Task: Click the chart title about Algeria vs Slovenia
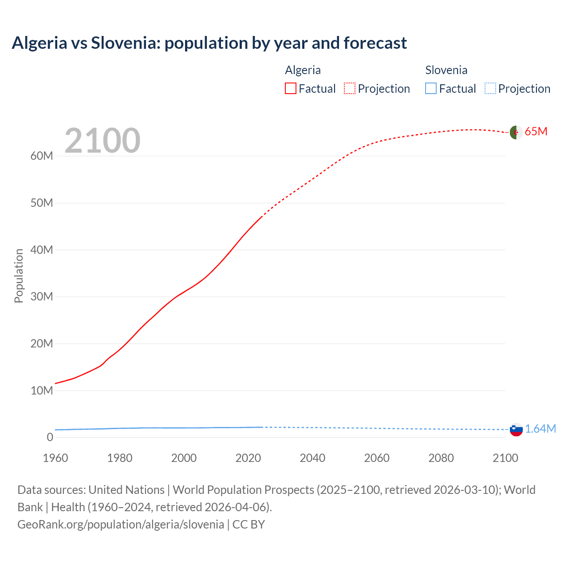coord(209,43)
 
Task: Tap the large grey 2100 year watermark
coord(103,141)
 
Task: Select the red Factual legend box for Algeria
coord(290,88)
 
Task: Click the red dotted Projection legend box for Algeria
coord(350,88)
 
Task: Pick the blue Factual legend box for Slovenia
coord(430,88)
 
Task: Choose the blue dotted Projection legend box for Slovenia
coord(490,88)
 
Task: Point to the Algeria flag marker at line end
coord(516,132)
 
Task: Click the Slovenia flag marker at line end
coord(516,430)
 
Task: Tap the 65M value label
coord(536,132)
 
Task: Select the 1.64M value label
coord(540,429)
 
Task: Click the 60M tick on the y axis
coord(42,156)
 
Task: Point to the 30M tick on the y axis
coord(42,296)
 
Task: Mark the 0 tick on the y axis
coord(50,437)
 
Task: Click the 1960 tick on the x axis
coord(55,458)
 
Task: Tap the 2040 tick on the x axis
coord(312,458)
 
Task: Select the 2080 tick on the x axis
coord(441,458)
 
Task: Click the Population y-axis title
coord(19,276)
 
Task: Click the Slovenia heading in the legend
coord(446,70)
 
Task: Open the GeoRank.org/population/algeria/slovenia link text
coord(121,525)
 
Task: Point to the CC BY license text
coord(248,525)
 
